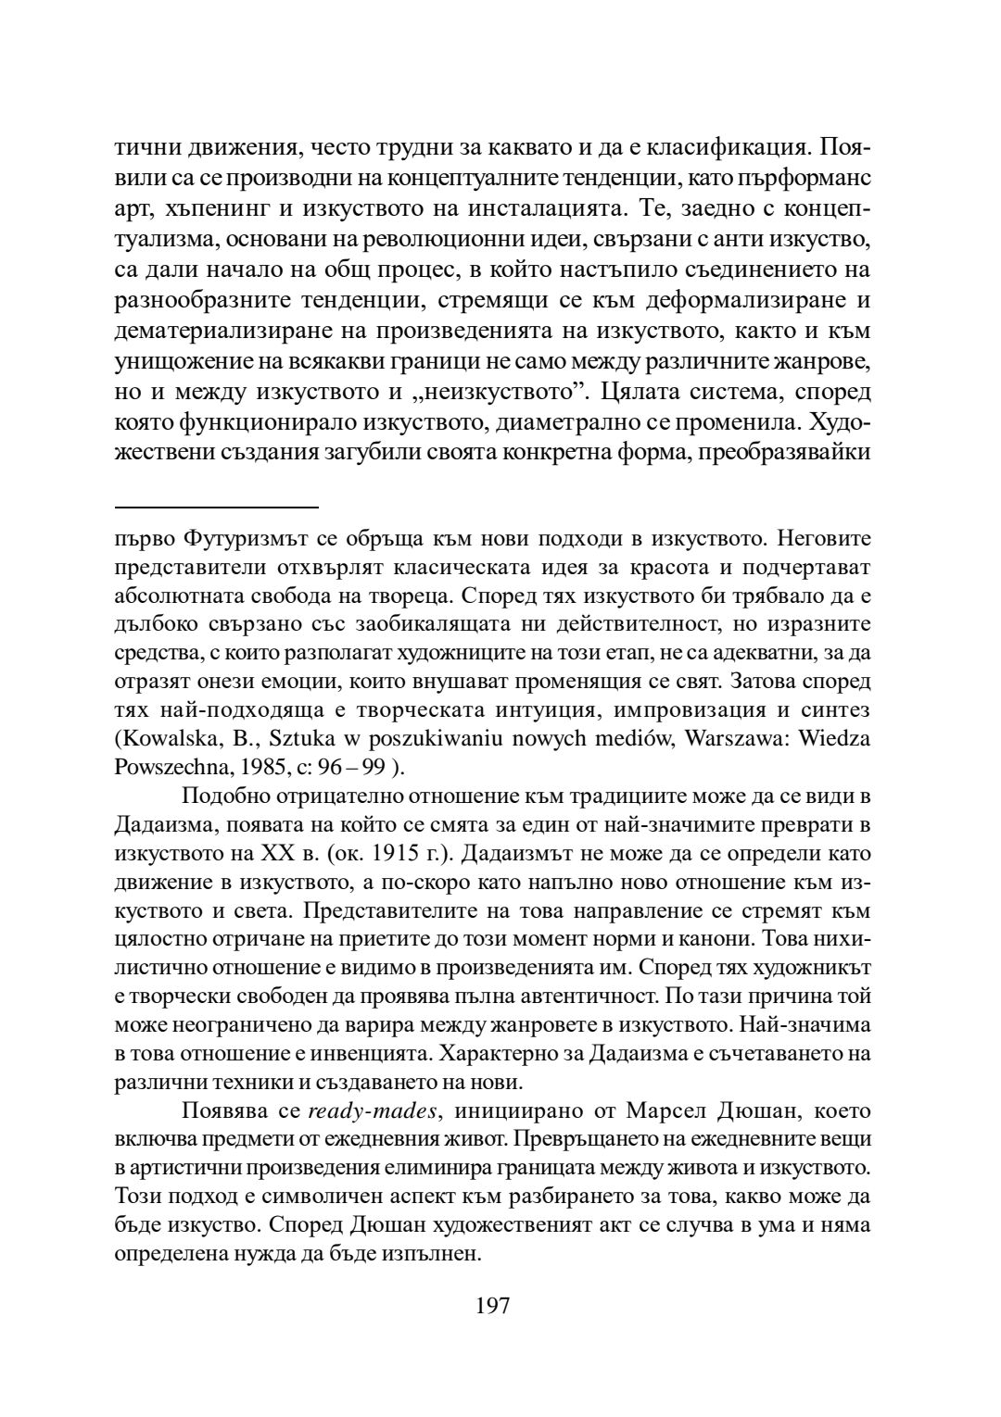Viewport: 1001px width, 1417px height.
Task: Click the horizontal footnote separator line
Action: [217, 508]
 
